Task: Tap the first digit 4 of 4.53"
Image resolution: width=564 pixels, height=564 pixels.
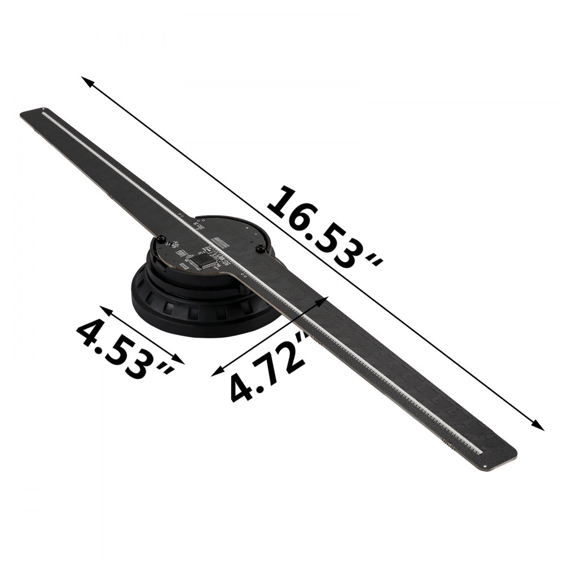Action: click(x=90, y=330)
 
